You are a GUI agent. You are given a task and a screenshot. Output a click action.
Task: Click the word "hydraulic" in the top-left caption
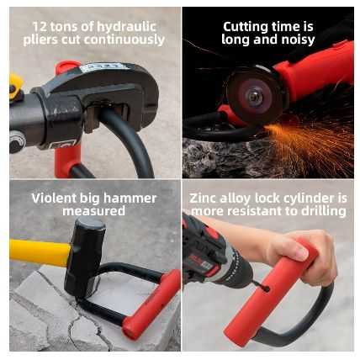pyautogui.click(x=127, y=28)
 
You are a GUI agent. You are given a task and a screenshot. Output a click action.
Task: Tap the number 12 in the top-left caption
pyautogui.click(x=40, y=27)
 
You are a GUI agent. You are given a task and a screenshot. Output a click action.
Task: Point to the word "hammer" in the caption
pyautogui.click(x=130, y=199)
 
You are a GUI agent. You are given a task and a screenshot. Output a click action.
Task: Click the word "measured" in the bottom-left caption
pyautogui.click(x=94, y=211)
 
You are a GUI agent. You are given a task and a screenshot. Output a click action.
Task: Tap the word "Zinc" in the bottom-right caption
pyautogui.click(x=203, y=199)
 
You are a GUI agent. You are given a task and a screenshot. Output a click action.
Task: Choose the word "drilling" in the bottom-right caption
pyautogui.click(x=324, y=211)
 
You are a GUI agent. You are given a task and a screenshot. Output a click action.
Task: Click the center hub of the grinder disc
pyautogui.click(x=254, y=97)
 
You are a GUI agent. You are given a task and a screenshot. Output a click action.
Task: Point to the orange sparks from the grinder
pyautogui.click(x=305, y=143)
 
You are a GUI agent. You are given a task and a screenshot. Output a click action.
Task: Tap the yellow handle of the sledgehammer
pyautogui.click(x=40, y=251)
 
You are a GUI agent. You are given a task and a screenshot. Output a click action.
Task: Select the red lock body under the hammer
pyautogui.click(x=151, y=304)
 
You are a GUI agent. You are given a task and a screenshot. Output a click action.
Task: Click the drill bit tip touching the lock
pyautogui.click(x=267, y=289)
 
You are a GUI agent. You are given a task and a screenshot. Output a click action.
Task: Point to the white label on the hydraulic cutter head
pyautogui.click(x=103, y=67)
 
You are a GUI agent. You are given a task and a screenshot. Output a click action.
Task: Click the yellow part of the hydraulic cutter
pyautogui.click(x=15, y=86)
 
